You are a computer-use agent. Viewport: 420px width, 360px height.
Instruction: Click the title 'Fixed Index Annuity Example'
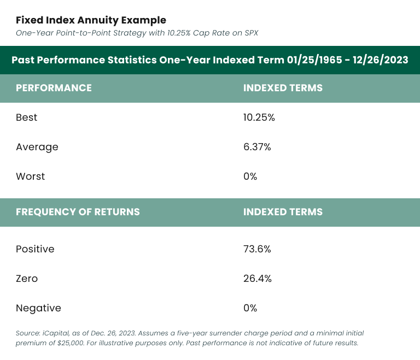click(91, 20)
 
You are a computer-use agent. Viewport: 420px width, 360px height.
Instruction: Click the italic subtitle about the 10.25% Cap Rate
click(137, 33)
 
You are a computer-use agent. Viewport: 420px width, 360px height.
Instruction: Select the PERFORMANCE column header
click(54, 88)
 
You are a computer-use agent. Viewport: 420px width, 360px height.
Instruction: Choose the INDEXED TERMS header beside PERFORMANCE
click(283, 88)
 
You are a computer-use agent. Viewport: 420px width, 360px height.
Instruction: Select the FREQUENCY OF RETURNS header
click(78, 212)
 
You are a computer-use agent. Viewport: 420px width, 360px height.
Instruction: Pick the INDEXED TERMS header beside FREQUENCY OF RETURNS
click(283, 212)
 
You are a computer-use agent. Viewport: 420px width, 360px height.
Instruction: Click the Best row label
click(26, 117)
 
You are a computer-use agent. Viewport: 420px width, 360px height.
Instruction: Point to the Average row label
click(37, 147)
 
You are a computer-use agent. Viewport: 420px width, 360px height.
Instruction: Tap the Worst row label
click(30, 176)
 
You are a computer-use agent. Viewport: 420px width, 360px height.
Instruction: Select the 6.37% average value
click(257, 147)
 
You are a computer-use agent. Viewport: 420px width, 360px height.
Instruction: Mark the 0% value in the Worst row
click(250, 176)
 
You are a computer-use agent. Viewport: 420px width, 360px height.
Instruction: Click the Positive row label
click(35, 249)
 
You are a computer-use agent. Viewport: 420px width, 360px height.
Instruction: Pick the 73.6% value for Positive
click(257, 249)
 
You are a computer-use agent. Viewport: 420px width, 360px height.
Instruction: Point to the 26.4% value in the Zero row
click(257, 279)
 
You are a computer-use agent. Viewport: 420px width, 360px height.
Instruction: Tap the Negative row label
click(38, 308)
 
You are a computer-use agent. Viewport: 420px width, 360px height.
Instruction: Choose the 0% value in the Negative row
click(250, 308)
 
